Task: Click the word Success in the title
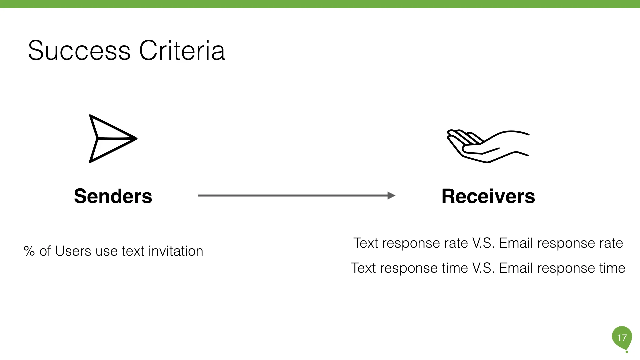click(79, 51)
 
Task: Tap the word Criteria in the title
click(182, 51)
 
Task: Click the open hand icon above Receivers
click(487, 146)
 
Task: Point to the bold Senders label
click(113, 196)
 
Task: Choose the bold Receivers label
click(488, 196)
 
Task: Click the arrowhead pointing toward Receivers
click(391, 195)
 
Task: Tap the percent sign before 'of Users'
click(29, 251)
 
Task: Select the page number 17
click(622, 338)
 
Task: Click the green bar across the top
click(320, 4)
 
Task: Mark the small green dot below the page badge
click(627, 352)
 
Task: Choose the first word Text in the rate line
click(366, 243)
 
